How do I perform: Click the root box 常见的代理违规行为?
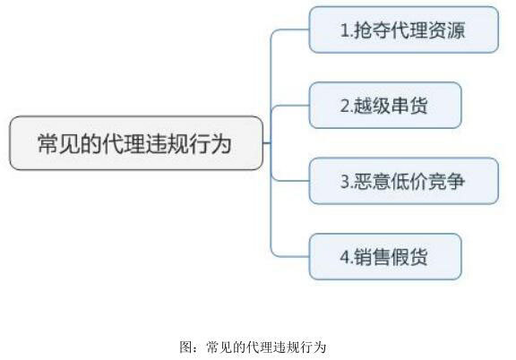click(136, 142)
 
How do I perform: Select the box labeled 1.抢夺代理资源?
click(404, 30)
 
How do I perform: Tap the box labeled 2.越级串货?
click(385, 106)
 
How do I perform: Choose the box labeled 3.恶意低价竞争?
click(404, 181)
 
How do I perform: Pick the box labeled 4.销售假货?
click(385, 257)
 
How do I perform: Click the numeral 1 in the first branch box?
click(344, 30)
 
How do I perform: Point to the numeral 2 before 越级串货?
click(345, 106)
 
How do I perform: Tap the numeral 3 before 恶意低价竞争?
click(345, 182)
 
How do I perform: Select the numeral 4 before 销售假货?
click(345, 257)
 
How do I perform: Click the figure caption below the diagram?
click(253, 347)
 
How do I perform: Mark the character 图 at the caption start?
click(185, 347)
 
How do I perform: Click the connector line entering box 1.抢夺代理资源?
click(289, 30)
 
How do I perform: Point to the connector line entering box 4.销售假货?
click(289, 256)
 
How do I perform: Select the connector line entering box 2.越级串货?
click(289, 106)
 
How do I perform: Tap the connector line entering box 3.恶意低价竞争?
click(289, 181)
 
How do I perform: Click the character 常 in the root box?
click(48, 143)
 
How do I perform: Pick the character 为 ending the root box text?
click(221, 143)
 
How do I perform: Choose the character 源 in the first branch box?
click(456, 30)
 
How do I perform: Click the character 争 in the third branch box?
click(456, 182)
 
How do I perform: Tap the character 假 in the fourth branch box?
click(400, 257)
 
